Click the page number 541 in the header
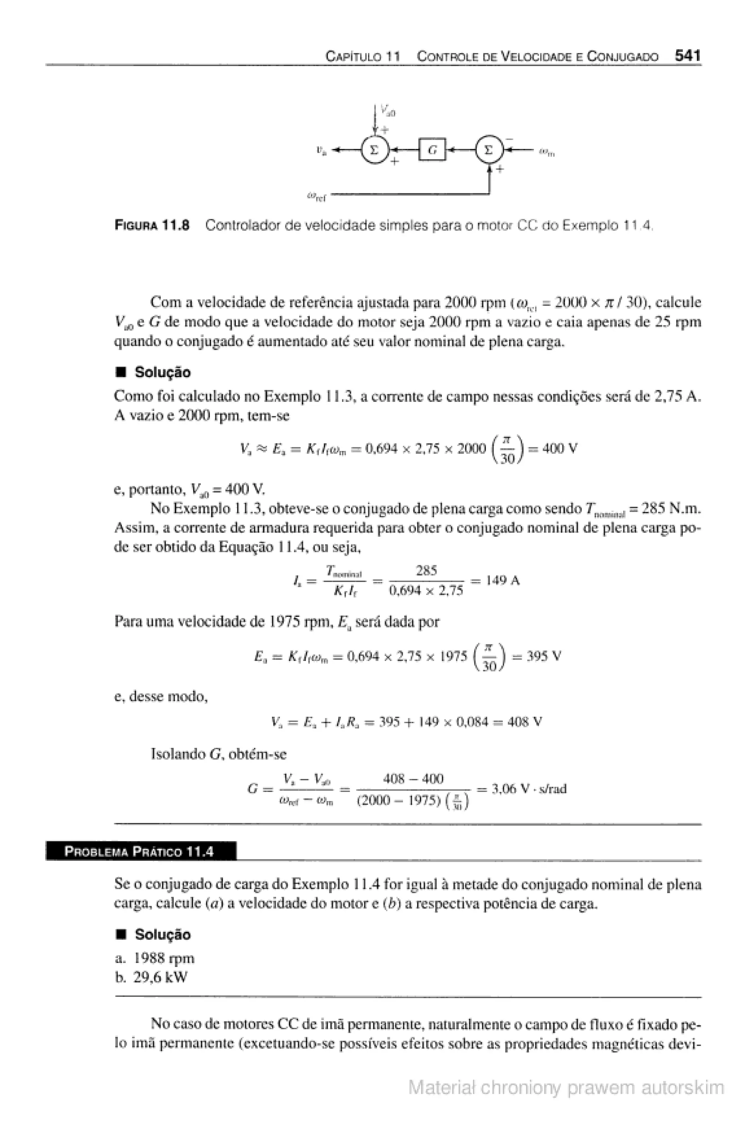pos(688,56)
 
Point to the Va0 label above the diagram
pos(388,112)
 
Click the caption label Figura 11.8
pos(152,225)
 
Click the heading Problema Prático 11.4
pos(139,851)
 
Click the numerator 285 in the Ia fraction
pos(426,570)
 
